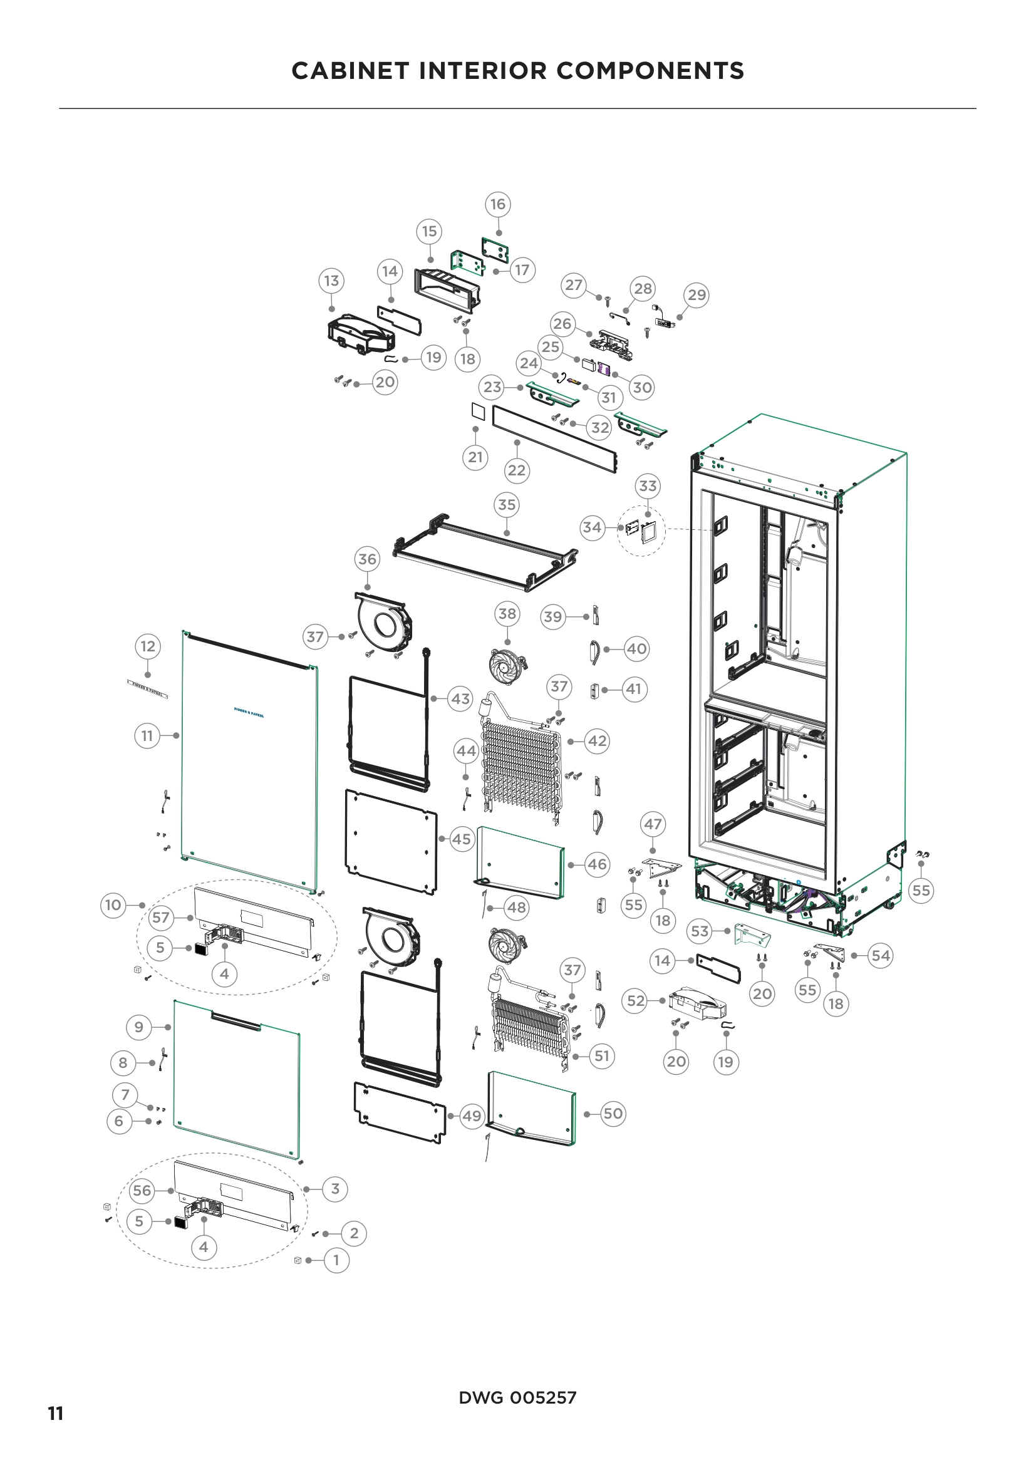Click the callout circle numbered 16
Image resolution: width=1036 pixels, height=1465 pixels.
(497, 204)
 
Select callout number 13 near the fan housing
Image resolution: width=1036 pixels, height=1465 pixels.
(331, 281)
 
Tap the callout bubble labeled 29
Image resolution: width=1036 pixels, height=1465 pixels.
(697, 295)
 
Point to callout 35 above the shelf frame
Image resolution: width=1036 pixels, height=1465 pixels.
(507, 505)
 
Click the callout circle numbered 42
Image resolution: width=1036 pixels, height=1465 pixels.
(597, 741)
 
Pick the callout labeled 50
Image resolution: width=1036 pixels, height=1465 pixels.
(613, 1114)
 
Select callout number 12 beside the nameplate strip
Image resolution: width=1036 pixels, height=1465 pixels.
(148, 646)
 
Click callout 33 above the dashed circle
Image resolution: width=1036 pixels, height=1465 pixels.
(648, 486)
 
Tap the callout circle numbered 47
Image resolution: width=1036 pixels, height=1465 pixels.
(653, 824)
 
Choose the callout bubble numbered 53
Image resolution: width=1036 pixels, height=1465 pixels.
(700, 931)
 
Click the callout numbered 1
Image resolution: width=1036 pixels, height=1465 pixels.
(337, 1260)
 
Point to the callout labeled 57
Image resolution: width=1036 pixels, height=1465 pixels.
(161, 918)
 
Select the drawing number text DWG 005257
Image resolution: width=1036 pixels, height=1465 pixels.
(517, 1397)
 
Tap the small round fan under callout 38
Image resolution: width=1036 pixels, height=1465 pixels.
(507, 666)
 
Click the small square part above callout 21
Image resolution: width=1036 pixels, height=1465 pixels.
(478, 412)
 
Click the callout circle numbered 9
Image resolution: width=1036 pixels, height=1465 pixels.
(139, 1027)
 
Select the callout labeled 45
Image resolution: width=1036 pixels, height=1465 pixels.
(461, 839)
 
